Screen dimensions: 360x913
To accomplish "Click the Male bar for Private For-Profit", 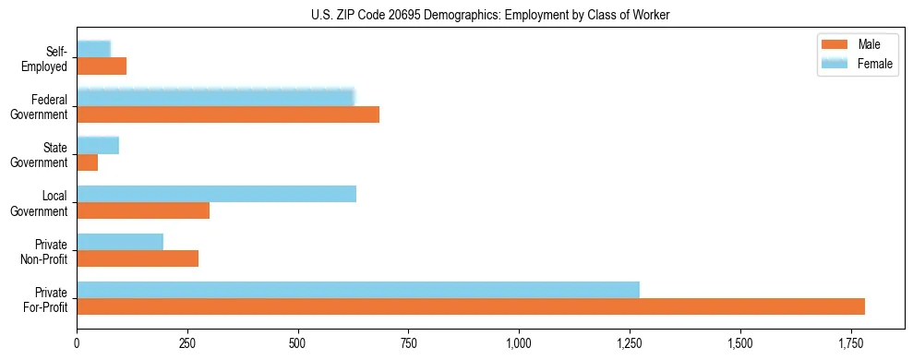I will click(x=471, y=306).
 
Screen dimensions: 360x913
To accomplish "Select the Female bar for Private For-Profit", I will click(x=358, y=290).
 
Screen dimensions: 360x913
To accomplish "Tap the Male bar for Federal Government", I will click(x=228, y=114).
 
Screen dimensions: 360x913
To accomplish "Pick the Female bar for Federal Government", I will click(x=215, y=98).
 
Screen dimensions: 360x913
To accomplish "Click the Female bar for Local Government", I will click(x=216, y=194).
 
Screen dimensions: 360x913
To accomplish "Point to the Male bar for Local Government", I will click(x=143, y=210).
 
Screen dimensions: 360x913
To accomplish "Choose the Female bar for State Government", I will click(x=98, y=146).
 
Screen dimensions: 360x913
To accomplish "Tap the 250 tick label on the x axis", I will click(x=187, y=342).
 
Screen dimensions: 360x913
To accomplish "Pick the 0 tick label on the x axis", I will click(x=77, y=342).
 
